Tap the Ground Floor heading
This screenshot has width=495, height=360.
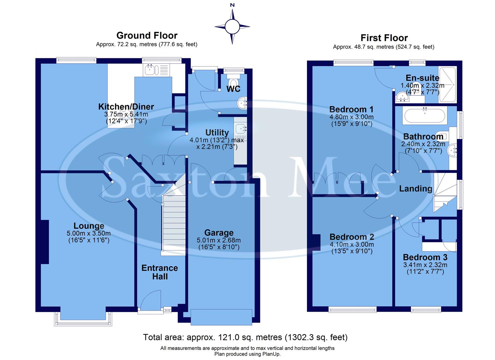(x=147, y=35)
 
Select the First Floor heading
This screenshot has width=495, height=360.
(x=384, y=38)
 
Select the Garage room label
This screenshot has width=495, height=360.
(x=219, y=233)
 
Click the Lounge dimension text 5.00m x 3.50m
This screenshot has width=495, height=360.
(x=89, y=233)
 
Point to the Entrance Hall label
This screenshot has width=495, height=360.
(x=160, y=272)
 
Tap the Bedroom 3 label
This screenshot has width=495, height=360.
(x=425, y=257)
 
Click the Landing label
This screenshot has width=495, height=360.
(x=415, y=189)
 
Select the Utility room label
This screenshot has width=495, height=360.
(x=217, y=132)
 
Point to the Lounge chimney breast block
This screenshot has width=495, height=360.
(x=45, y=242)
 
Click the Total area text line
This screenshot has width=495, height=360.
(x=245, y=337)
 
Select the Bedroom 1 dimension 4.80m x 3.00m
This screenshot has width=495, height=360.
(x=351, y=117)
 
